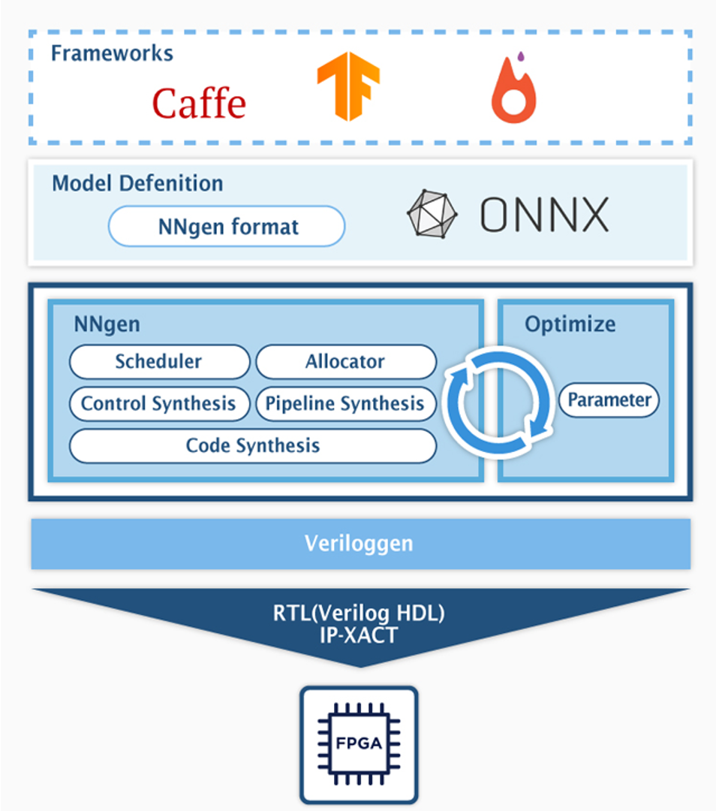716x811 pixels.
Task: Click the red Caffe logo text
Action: tap(199, 103)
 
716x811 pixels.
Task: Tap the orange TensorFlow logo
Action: tap(347, 86)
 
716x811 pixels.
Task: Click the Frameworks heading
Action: tap(112, 54)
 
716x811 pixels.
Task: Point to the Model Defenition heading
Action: tap(137, 183)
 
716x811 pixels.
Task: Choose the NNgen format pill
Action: tap(227, 227)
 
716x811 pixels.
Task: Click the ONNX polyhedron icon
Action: tap(432, 215)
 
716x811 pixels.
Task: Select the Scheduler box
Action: tap(158, 361)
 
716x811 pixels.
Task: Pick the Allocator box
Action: tap(345, 361)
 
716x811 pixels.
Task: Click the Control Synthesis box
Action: tap(158, 403)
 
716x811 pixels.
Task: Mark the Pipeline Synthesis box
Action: tap(345, 403)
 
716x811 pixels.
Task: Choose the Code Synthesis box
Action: tap(252, 445)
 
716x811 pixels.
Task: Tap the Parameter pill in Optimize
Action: tap(609, 400)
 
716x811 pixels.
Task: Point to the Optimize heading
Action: tap(570, 324)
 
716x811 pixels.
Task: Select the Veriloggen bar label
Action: tap(359, 543)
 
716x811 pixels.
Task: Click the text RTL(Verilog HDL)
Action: tap(359, 613)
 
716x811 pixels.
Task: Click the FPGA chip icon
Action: tap(359, 744)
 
